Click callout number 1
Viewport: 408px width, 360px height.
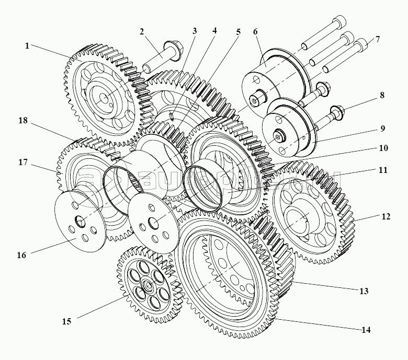click(x=27, y=45)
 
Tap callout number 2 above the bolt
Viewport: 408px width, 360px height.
click(x=142, y=31)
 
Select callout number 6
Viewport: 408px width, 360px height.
click(x=255, y=31)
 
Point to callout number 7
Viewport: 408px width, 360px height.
click(x=378, y=40)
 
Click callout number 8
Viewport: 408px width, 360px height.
click(x=382, y=96)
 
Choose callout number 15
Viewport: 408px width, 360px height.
click(x=66, y=321)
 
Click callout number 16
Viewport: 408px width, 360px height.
click(x=21, y=256)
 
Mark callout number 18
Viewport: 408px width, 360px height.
click(x=22, y=120)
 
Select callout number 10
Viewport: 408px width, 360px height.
click(x=383, y=148)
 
